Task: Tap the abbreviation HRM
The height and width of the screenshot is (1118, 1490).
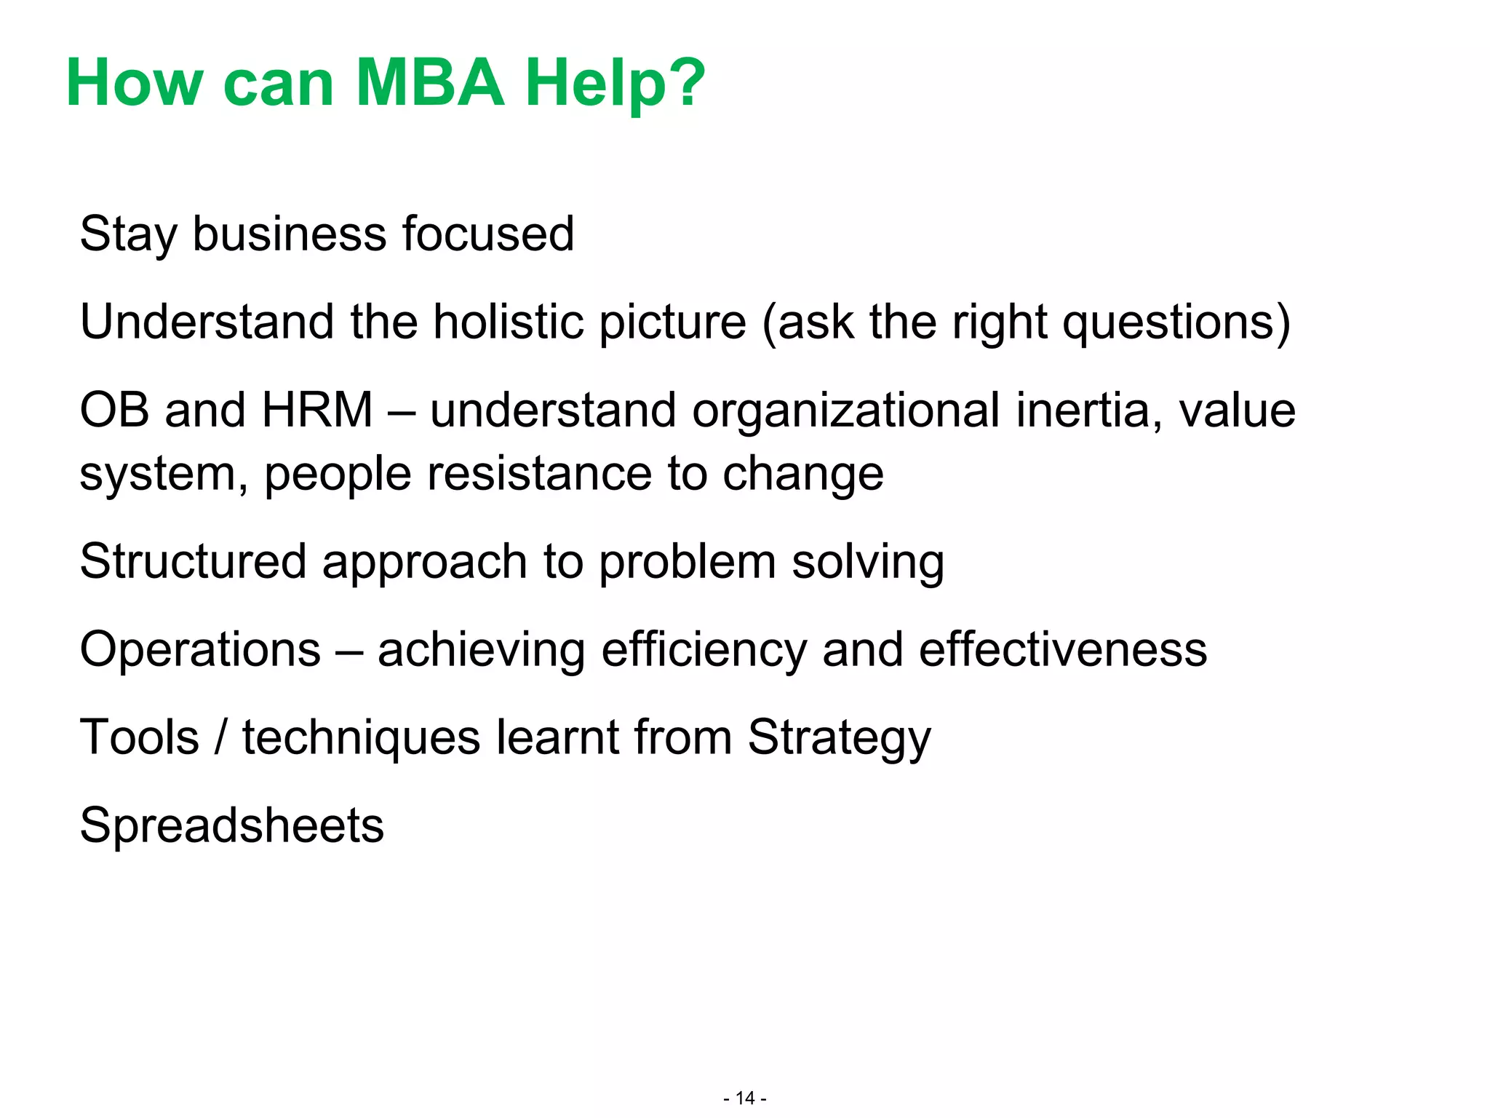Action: click(317, 410)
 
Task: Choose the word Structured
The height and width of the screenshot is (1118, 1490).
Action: click(193, 562)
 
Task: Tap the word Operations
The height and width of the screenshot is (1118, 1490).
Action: click(200, 650)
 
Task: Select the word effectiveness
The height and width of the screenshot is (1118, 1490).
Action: click(1062, 650)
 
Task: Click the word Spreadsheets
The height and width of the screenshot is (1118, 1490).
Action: click(231, 827)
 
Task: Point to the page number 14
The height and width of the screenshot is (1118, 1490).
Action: click(745, 1098)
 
